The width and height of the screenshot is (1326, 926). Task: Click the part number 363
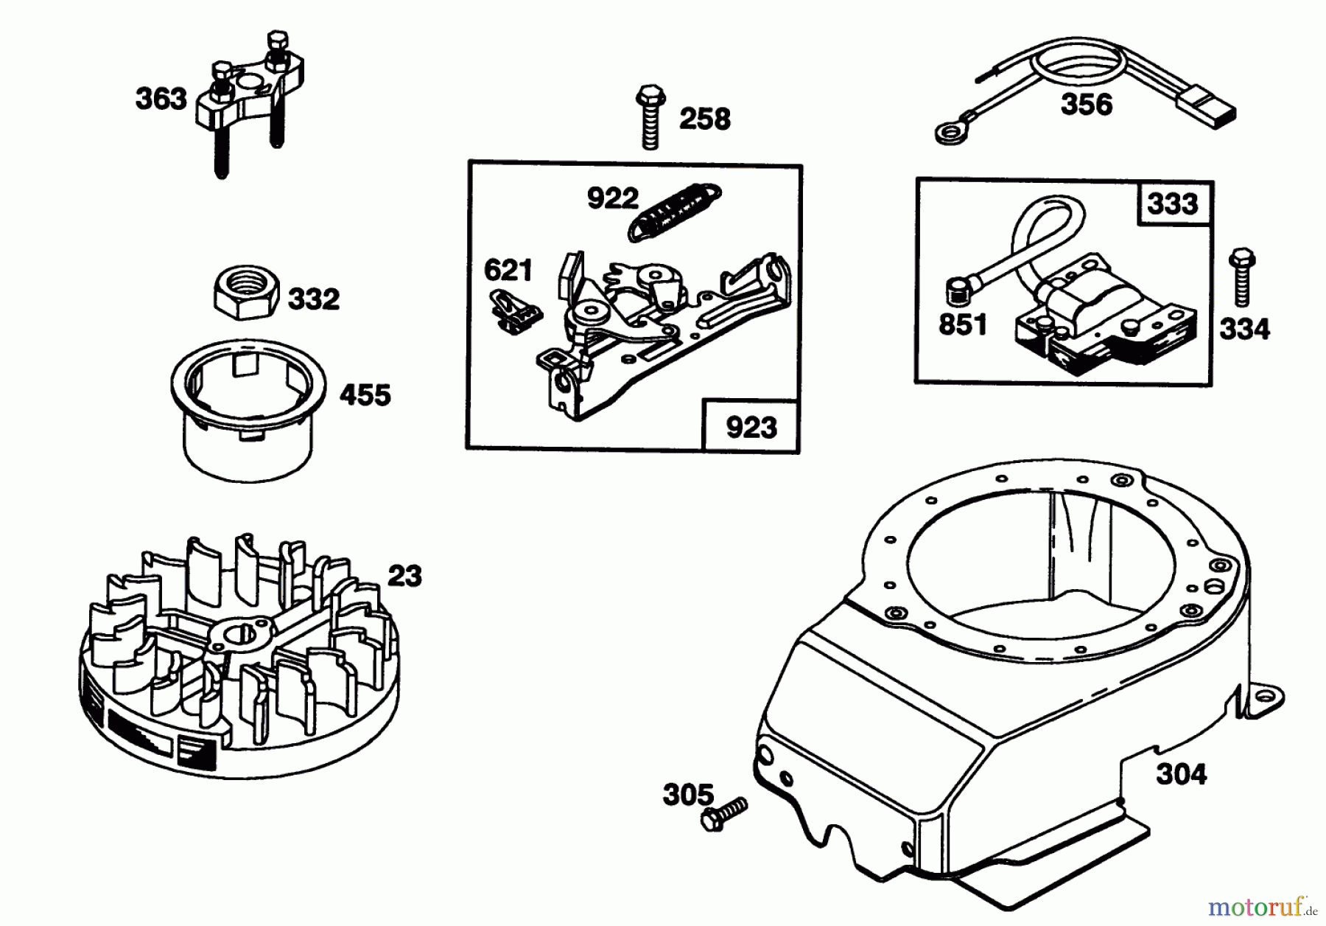click(161, 99)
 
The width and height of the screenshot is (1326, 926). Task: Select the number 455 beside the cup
click(365, 396)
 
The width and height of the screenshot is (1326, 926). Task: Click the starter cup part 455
click(248, 413)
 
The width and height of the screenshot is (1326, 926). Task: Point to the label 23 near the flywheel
click(404, 576)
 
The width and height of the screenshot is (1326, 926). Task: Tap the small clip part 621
click(515, 310)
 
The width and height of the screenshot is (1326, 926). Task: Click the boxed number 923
click(751, 428)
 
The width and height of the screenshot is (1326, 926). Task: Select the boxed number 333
click(1172, 203)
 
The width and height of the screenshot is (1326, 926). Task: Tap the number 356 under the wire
click(1086, 105)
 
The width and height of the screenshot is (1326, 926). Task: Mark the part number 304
click(1181, 774)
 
